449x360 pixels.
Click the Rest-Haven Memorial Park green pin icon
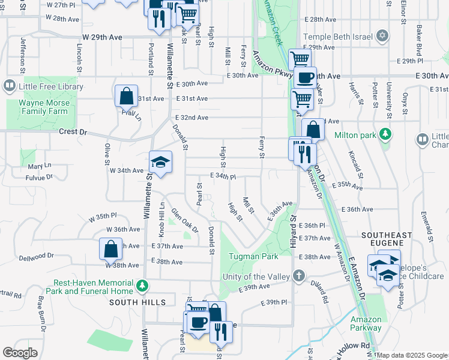tap(142, 284)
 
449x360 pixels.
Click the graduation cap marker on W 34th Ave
tap(161, 162)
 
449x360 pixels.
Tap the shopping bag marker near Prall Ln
tap(127, 96)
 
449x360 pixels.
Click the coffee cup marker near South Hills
tap(197, 322)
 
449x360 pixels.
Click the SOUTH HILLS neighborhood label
tap(137, 302)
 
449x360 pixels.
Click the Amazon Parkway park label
tap(366, 324)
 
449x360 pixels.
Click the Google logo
tap(20, 353)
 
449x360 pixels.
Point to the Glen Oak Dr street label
tap(185, 220)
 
